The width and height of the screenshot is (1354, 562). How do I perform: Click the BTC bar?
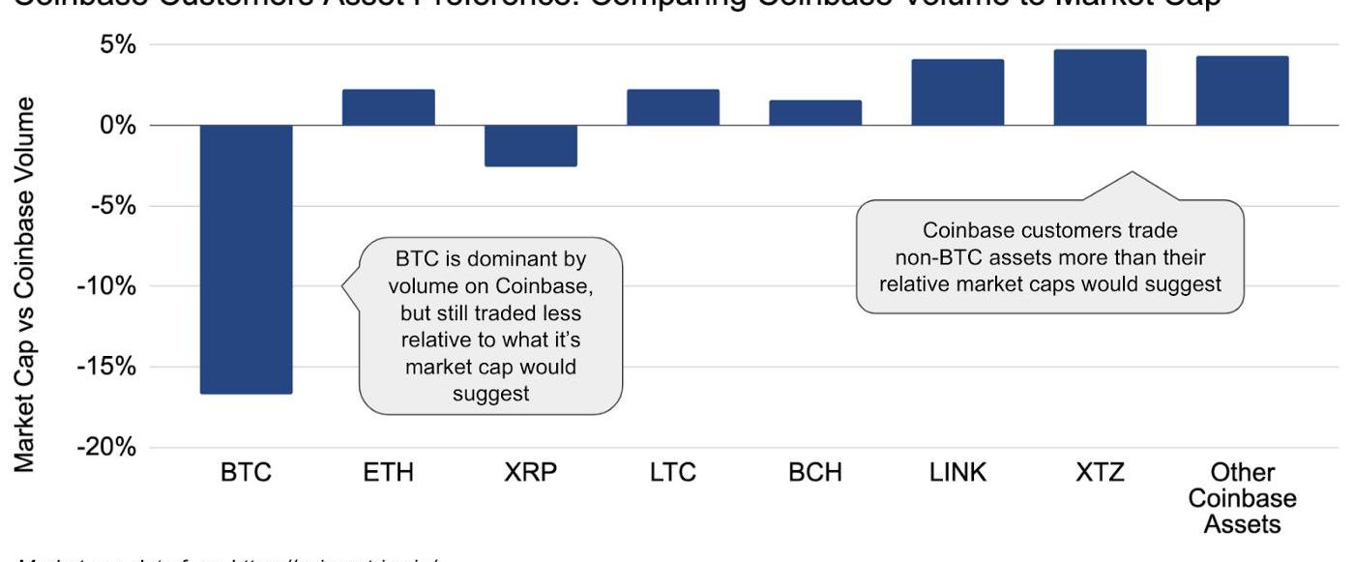click(x=246, y=259)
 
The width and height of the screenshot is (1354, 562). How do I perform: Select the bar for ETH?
click(x=388, y=107)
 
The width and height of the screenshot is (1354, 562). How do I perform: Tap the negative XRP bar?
click(x=530, y=146)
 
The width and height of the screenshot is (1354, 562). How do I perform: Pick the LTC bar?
click(x=672, y=107)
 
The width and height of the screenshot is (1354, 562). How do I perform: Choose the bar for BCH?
click(x=814, y=113)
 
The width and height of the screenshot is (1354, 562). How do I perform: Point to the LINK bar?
click(x=957, y=93)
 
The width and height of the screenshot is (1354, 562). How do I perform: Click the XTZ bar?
click(x=1100, y=88)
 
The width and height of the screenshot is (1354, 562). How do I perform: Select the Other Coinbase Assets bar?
click(x=1242, y=91)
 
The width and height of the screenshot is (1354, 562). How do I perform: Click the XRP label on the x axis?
click(x=530, y=473)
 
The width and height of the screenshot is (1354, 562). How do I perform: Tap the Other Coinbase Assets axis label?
click(x=1242, y=498)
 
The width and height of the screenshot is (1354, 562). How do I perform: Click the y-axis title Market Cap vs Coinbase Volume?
click(x=28, y=285)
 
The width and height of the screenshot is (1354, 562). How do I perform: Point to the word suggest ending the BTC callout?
click(x=490, y=394)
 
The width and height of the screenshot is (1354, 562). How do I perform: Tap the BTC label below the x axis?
click(x=246, y=473)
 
